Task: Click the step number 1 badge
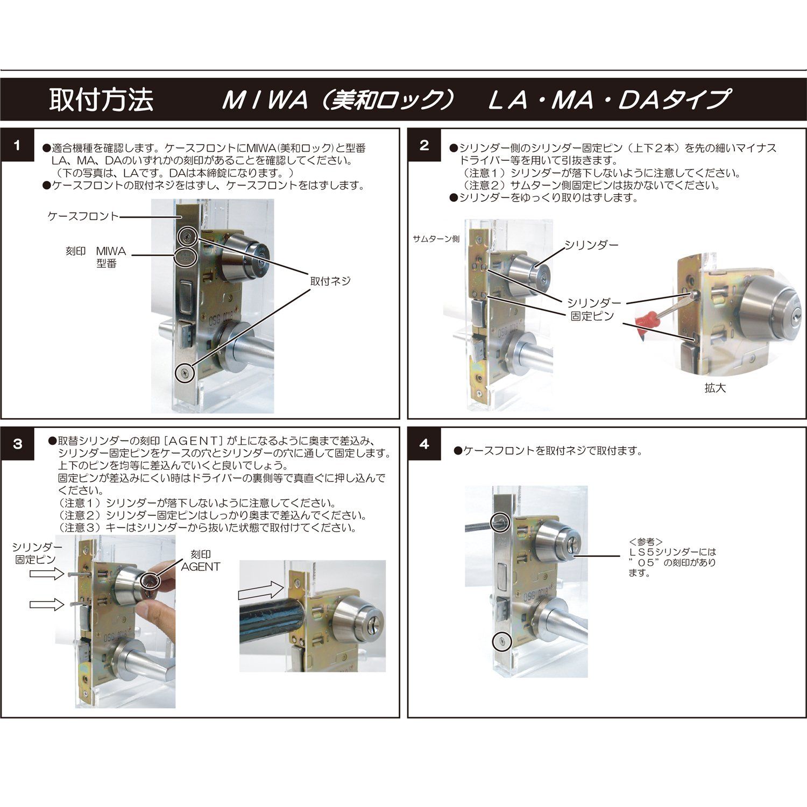click(x=17, y=145)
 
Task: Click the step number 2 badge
click(x=424, y=145)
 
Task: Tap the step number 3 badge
click(x=17, y=444)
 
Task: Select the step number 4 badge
click(x=424, y=444)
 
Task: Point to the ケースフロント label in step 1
click(x=83, y=216)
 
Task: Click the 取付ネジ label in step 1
click(x=330, y=281)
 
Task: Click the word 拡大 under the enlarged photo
click(x=715, y=388)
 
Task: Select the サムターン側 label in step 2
click(x=436, y=238)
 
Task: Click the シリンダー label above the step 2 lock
click(x=591, y=245)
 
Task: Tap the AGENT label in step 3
click(x=200, y=567)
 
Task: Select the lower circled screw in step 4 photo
click(x=501, y=641)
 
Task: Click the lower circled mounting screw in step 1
click(x=185, y=372)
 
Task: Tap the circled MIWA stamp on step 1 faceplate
click(x=185, y=257)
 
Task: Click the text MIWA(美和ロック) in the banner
click(x=339, y=100)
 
